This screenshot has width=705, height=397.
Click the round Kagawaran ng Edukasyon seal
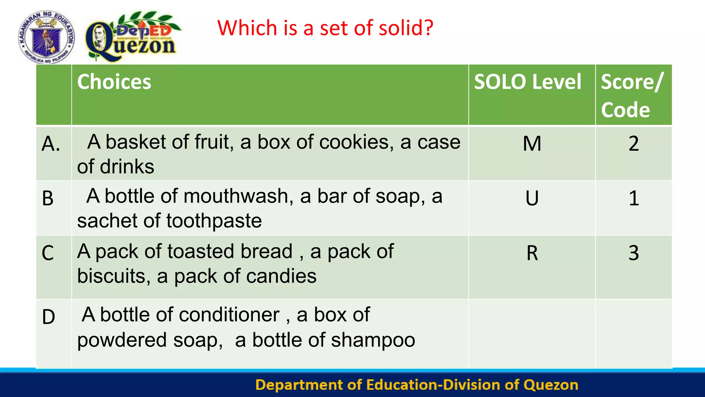[x=46, y=37]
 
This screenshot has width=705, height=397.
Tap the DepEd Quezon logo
[x=133, y=37]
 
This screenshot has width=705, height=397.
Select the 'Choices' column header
[x=114, y=82]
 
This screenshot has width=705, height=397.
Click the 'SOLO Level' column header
[x=527, y=82]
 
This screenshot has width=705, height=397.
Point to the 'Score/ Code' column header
[x=632, y=95]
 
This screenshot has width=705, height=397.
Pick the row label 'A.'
[x=51, y=144]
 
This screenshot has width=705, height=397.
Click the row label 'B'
[x=48, y=198]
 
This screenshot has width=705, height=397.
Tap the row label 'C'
[x=48, y=253]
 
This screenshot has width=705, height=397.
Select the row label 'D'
[x=49, y=317]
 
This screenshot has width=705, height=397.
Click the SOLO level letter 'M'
[x=532, y=144]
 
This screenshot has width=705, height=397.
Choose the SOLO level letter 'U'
[x=532, y=198]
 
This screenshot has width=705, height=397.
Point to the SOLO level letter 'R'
[x=532, y=253]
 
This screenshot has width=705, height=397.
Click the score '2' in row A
[x=633, y=144]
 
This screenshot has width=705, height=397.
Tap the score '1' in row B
[x=633, y=198]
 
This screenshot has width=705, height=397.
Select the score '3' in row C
[x=633, y=253]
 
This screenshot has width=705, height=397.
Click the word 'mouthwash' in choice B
[x=238, y=196]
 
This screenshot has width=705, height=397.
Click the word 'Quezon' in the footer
[x=551, y=385]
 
